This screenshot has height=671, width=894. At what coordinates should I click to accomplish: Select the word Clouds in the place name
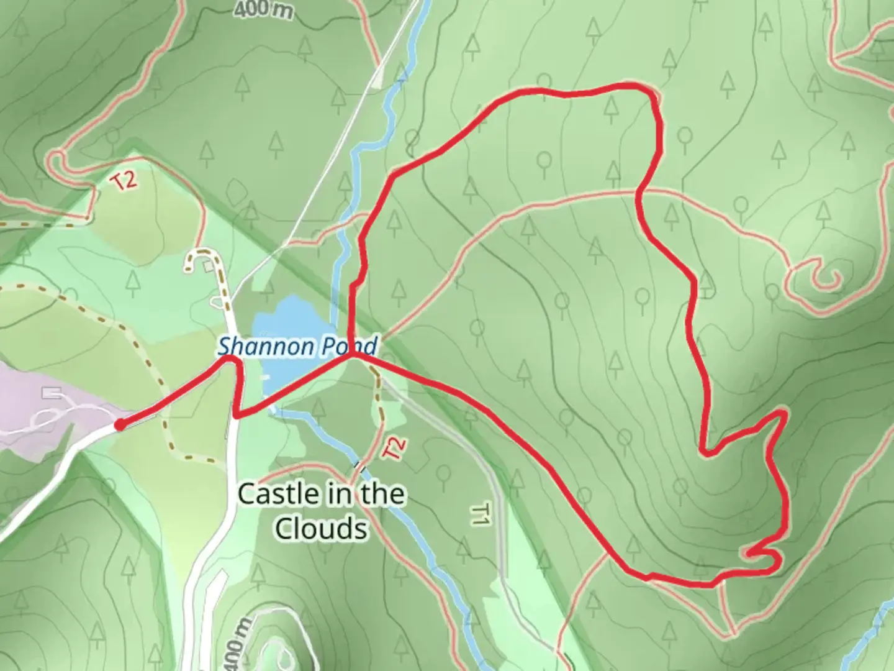coord(320,529)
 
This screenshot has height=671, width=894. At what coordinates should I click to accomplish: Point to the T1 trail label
coord(481,514)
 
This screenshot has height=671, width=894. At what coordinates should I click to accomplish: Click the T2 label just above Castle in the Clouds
coord(395,449)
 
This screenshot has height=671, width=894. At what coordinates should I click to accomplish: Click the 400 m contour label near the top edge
coord(264,9)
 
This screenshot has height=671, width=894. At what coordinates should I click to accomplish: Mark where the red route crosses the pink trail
coord(639,193)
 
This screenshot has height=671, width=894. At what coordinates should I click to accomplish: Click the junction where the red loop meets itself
coord(353,355)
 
